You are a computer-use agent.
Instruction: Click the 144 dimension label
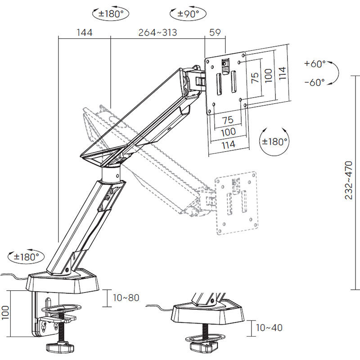point(85,32)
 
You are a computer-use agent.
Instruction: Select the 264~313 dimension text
point(158,32)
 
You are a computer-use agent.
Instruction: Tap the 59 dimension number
point(215,32)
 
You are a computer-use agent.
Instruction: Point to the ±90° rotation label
point(188,14)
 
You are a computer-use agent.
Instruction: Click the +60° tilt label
point(315,63)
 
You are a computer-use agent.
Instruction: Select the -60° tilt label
point(315,82)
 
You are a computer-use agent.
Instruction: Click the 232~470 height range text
point(348,180)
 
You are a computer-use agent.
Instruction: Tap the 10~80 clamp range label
point(126,298)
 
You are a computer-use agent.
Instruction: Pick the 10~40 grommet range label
point(269,328)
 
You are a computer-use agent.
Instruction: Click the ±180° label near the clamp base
point(27,256)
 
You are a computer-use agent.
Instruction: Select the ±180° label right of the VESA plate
point(274,142)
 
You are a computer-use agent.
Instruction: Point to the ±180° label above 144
point(111,14)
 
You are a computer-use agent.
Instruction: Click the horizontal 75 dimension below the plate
point(228,120)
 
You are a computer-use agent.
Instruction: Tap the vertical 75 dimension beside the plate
point(255,77)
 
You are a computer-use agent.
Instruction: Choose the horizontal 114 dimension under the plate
point(229,144)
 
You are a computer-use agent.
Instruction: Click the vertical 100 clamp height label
point(5,312)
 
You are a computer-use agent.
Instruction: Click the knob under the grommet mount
point(203,347)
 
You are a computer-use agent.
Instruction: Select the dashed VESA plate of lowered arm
point(236,203)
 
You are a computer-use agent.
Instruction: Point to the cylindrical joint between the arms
point(111,175)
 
